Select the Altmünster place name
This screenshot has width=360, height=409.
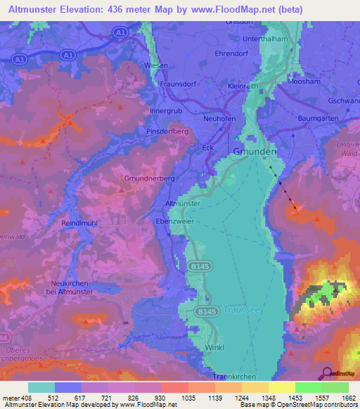(183, 202)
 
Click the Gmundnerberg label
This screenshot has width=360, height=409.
(149, 178)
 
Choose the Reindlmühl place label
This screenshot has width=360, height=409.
(84, 222)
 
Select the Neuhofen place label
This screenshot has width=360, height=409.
(219, 119)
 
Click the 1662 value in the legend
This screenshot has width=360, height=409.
(347, 398)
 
